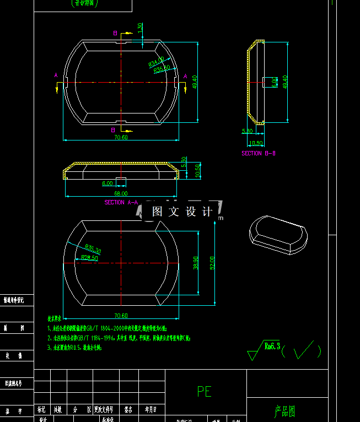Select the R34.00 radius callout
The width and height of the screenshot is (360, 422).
(x=156, y=62)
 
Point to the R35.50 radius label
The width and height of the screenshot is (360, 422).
(x=162, y=69)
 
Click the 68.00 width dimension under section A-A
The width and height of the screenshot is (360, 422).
(x=121, y=193)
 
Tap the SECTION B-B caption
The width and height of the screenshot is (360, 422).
(x=259, y=153)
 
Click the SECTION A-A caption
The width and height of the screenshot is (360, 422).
(x=121, y=202)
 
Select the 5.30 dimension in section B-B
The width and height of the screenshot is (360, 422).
(x=247, y=131)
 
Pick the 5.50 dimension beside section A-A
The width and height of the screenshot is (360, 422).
(x=184, y=161)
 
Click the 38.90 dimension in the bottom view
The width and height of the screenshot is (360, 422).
(x=195, y=262)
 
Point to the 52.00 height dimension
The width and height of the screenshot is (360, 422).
(x=212, y=263)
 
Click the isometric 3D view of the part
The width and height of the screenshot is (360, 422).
(x=277, y=234)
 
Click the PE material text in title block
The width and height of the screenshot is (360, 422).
(x=204, y=391)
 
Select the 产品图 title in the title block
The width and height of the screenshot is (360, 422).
(x=285, y=410)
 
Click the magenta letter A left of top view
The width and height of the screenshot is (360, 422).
(x=56, y=75)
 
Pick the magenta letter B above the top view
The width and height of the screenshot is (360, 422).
(x=115, y=34)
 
